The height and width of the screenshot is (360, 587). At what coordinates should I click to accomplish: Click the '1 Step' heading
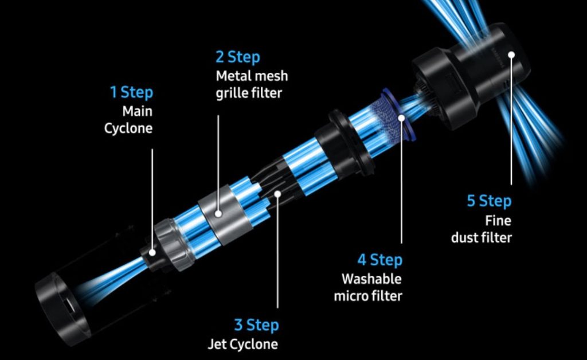point(131,92)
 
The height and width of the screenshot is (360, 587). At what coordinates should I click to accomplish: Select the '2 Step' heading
point(238,57)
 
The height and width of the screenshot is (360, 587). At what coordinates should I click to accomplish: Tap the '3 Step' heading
point(256,324)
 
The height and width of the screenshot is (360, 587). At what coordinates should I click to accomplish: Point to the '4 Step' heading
point(379,259)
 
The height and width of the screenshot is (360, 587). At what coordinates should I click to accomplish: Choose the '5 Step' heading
point(489,201)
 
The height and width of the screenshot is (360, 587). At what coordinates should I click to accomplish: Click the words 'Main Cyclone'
point(128,120)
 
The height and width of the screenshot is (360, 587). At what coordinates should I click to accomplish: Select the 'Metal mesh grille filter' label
point(252,84)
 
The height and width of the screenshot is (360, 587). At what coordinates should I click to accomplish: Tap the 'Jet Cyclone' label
point(243,344)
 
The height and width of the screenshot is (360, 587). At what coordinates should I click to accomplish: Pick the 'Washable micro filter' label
point(368,287)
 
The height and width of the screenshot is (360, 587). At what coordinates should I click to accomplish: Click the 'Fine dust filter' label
point(482,229)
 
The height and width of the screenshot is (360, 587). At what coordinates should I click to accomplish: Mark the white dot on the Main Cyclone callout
point(152,253)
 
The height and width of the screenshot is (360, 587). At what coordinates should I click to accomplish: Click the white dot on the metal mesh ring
point(218,214)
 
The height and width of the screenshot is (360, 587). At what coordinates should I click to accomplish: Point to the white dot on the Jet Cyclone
point(277,194)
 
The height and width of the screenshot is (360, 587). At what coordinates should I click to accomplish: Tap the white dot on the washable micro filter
point(401,118)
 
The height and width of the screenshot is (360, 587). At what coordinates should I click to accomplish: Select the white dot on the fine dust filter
point(511,55)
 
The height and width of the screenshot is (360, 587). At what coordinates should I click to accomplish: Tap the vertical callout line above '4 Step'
point(401,182)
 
